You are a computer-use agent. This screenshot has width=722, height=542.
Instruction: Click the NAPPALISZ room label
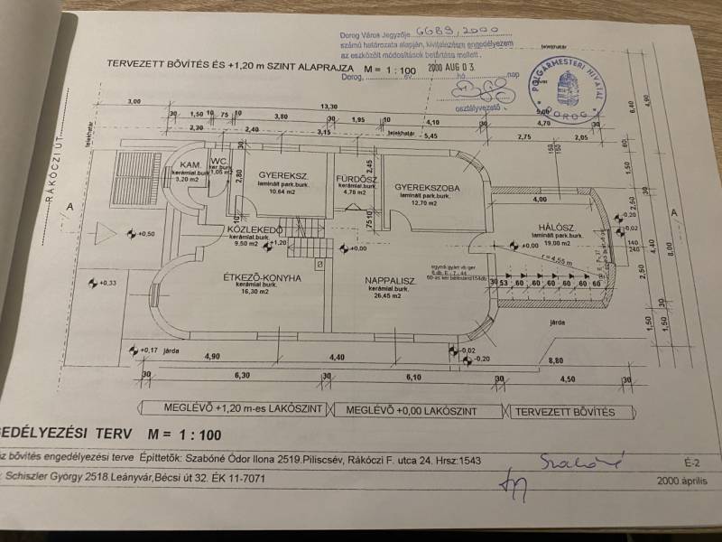(x=390, y=281)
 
